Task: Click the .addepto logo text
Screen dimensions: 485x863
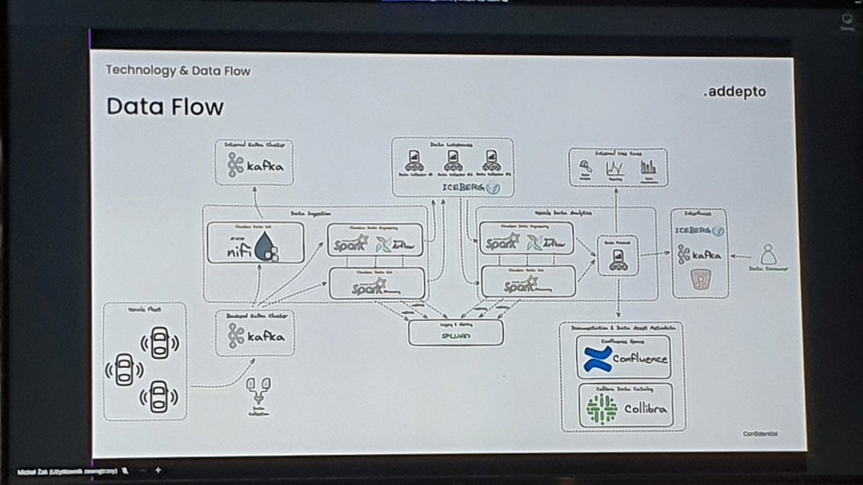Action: tap(734, 93)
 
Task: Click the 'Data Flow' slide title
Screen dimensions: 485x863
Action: tap(165, 107)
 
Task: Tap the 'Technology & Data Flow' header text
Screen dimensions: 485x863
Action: tap(178, 70)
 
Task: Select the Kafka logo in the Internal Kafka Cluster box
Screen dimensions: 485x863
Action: tap(255, 167)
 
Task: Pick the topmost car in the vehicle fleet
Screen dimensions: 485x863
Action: tap(159, 343)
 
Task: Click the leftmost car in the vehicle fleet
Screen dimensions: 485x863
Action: tap(124, 369)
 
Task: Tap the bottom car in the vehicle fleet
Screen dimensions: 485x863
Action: tap(159, 395)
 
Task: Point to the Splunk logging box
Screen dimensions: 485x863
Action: tap(455, 333)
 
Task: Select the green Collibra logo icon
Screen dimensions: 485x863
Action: tap(602, 409)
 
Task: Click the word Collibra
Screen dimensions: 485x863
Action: tap(644, 410)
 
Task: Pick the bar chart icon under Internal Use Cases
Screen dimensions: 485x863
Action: tap(648, 167)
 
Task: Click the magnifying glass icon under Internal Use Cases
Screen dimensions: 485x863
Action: tap(585, 167)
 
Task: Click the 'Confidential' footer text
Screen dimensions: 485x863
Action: tap(760, 433)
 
